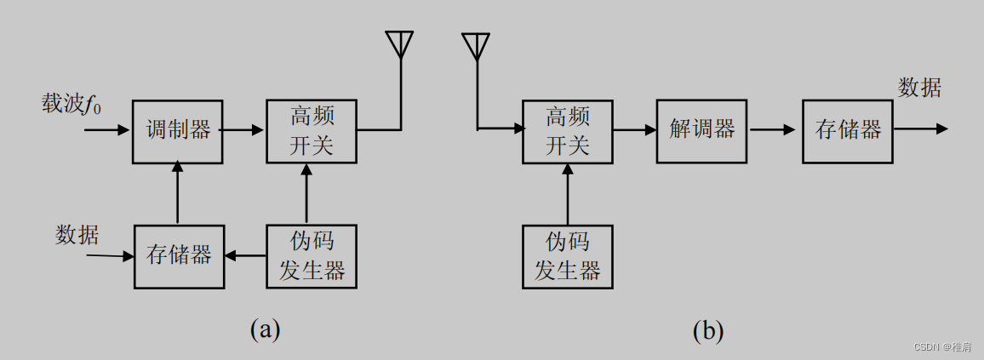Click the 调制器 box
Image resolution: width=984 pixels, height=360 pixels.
pyautogui.click(x=178, y=131)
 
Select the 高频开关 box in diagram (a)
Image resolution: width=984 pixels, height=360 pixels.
pyautogui.click(x=312, y=131)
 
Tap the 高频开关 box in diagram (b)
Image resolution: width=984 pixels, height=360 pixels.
pyautogui.click(x=568, y=131)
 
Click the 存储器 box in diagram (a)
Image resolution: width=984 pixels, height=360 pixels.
pyautogui.click(x=179, y=256)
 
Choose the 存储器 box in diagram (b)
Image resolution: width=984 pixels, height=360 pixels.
pyautogui.click(x=848, y=131)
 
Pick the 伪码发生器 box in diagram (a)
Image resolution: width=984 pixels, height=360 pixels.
pyautogui.click(x=312, y=256)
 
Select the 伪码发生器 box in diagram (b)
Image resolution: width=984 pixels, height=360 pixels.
pyautogui.click(x=568, y=256)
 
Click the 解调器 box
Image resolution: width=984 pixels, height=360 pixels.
pyautogui.click(x=701, y=131)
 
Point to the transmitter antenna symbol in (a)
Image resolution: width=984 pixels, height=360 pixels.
pyautogui.click(x=399, y=45)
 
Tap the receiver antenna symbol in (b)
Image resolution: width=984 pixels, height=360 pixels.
pyautogui.click(x=477, y=46)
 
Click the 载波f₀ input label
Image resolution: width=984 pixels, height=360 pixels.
pyautogui.click(x=72, y=105)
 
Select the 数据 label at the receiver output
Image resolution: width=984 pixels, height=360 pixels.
pyautogui.click(x=920, y=88)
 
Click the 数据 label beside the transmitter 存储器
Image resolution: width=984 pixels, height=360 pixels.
pyautogui.click(x=77, y=234)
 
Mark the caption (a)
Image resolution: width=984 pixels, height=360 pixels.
pyautogui.click(x=265, y=329)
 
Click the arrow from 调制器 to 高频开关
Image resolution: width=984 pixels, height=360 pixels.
pyautogui.click(x=243, y=130)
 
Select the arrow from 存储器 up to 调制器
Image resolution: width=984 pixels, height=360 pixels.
pyautogui.click(x=178, y=194)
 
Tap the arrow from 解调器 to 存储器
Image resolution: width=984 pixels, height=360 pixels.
pyautogui.click(x=774, y=130)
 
